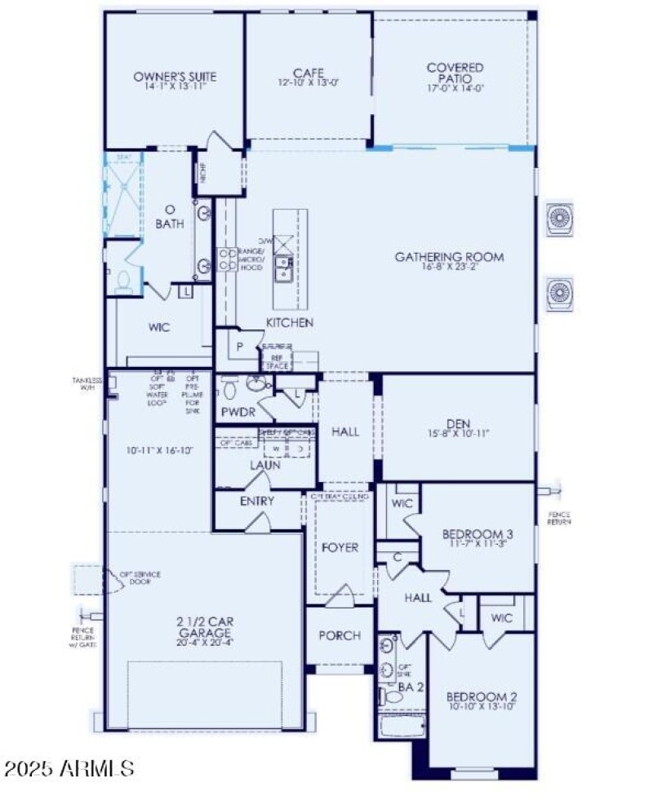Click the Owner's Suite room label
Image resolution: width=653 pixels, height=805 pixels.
(x=175, y=77)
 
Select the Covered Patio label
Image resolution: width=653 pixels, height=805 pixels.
(x=455, y=68)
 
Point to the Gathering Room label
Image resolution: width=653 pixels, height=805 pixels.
(x=449, y=257)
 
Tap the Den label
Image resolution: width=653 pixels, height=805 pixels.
(x=456, y=423)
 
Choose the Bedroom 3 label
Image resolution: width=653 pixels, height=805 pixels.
(x=474, y=534)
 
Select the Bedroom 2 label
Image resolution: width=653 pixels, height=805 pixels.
(x=481, y=697)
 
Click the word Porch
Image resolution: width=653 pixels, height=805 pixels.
(x=340, y=635)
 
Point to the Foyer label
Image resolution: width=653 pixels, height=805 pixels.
(x=340, y=547)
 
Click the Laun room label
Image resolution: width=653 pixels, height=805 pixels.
(x=265, y=465)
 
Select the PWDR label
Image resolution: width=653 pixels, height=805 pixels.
(x=238, y=412)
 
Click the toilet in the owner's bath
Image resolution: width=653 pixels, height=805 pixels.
(x=124, y=281)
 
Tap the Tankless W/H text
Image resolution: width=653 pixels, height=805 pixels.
(x=87, y=383)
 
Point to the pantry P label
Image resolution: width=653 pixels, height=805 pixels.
(x=241, y=346)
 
